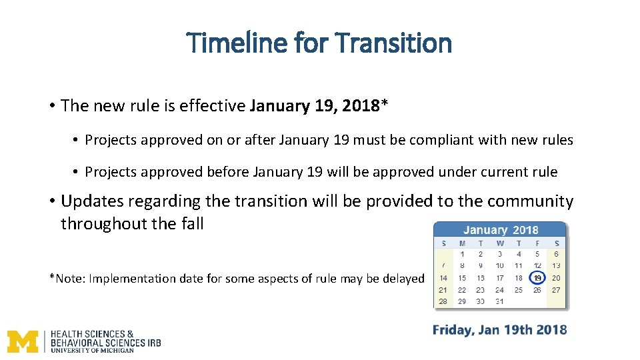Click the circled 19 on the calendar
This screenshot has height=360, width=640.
click(x=537, y=278)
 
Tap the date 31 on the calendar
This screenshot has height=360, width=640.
click(x=500, y=301)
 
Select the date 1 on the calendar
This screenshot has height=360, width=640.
click(x=462, y=254)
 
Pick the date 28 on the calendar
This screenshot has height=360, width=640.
click(x=443, y=301)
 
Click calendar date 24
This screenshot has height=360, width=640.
click(x=500, y=290)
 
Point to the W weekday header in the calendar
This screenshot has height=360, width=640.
click(x=500, y=243)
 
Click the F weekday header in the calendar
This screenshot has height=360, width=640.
click(x=537, y=243)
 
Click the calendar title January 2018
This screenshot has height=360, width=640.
click(x=501, y=230)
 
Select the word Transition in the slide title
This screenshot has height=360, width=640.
click(x=394, y=43)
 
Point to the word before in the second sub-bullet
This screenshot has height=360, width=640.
click(x=228, y=172)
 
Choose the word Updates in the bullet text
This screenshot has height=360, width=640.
click(x=91, y=201)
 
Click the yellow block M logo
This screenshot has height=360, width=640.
click(x=23, y=341)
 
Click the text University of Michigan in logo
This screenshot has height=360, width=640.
click(x=92, y=350)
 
